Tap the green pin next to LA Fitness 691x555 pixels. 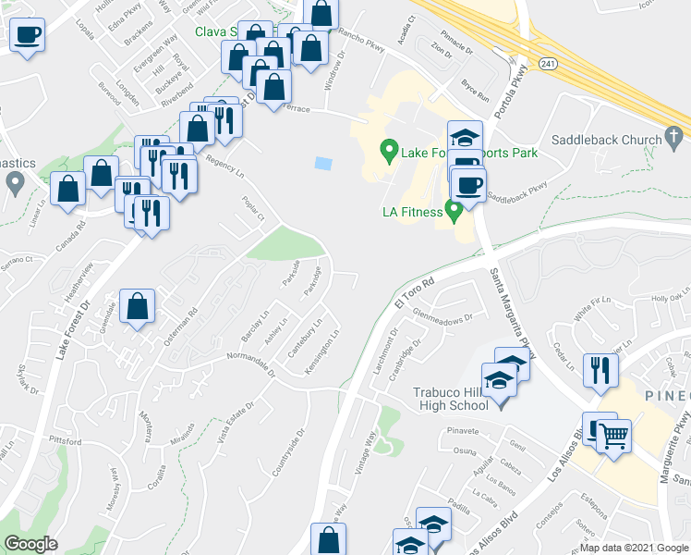pos(454,211)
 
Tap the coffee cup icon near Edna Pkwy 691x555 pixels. pos(26,35)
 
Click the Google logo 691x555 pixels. pos(30,544)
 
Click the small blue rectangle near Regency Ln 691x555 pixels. pos(322,164)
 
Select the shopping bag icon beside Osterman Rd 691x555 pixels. pos(137,307)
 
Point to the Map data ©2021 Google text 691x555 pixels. pos(634,548)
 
